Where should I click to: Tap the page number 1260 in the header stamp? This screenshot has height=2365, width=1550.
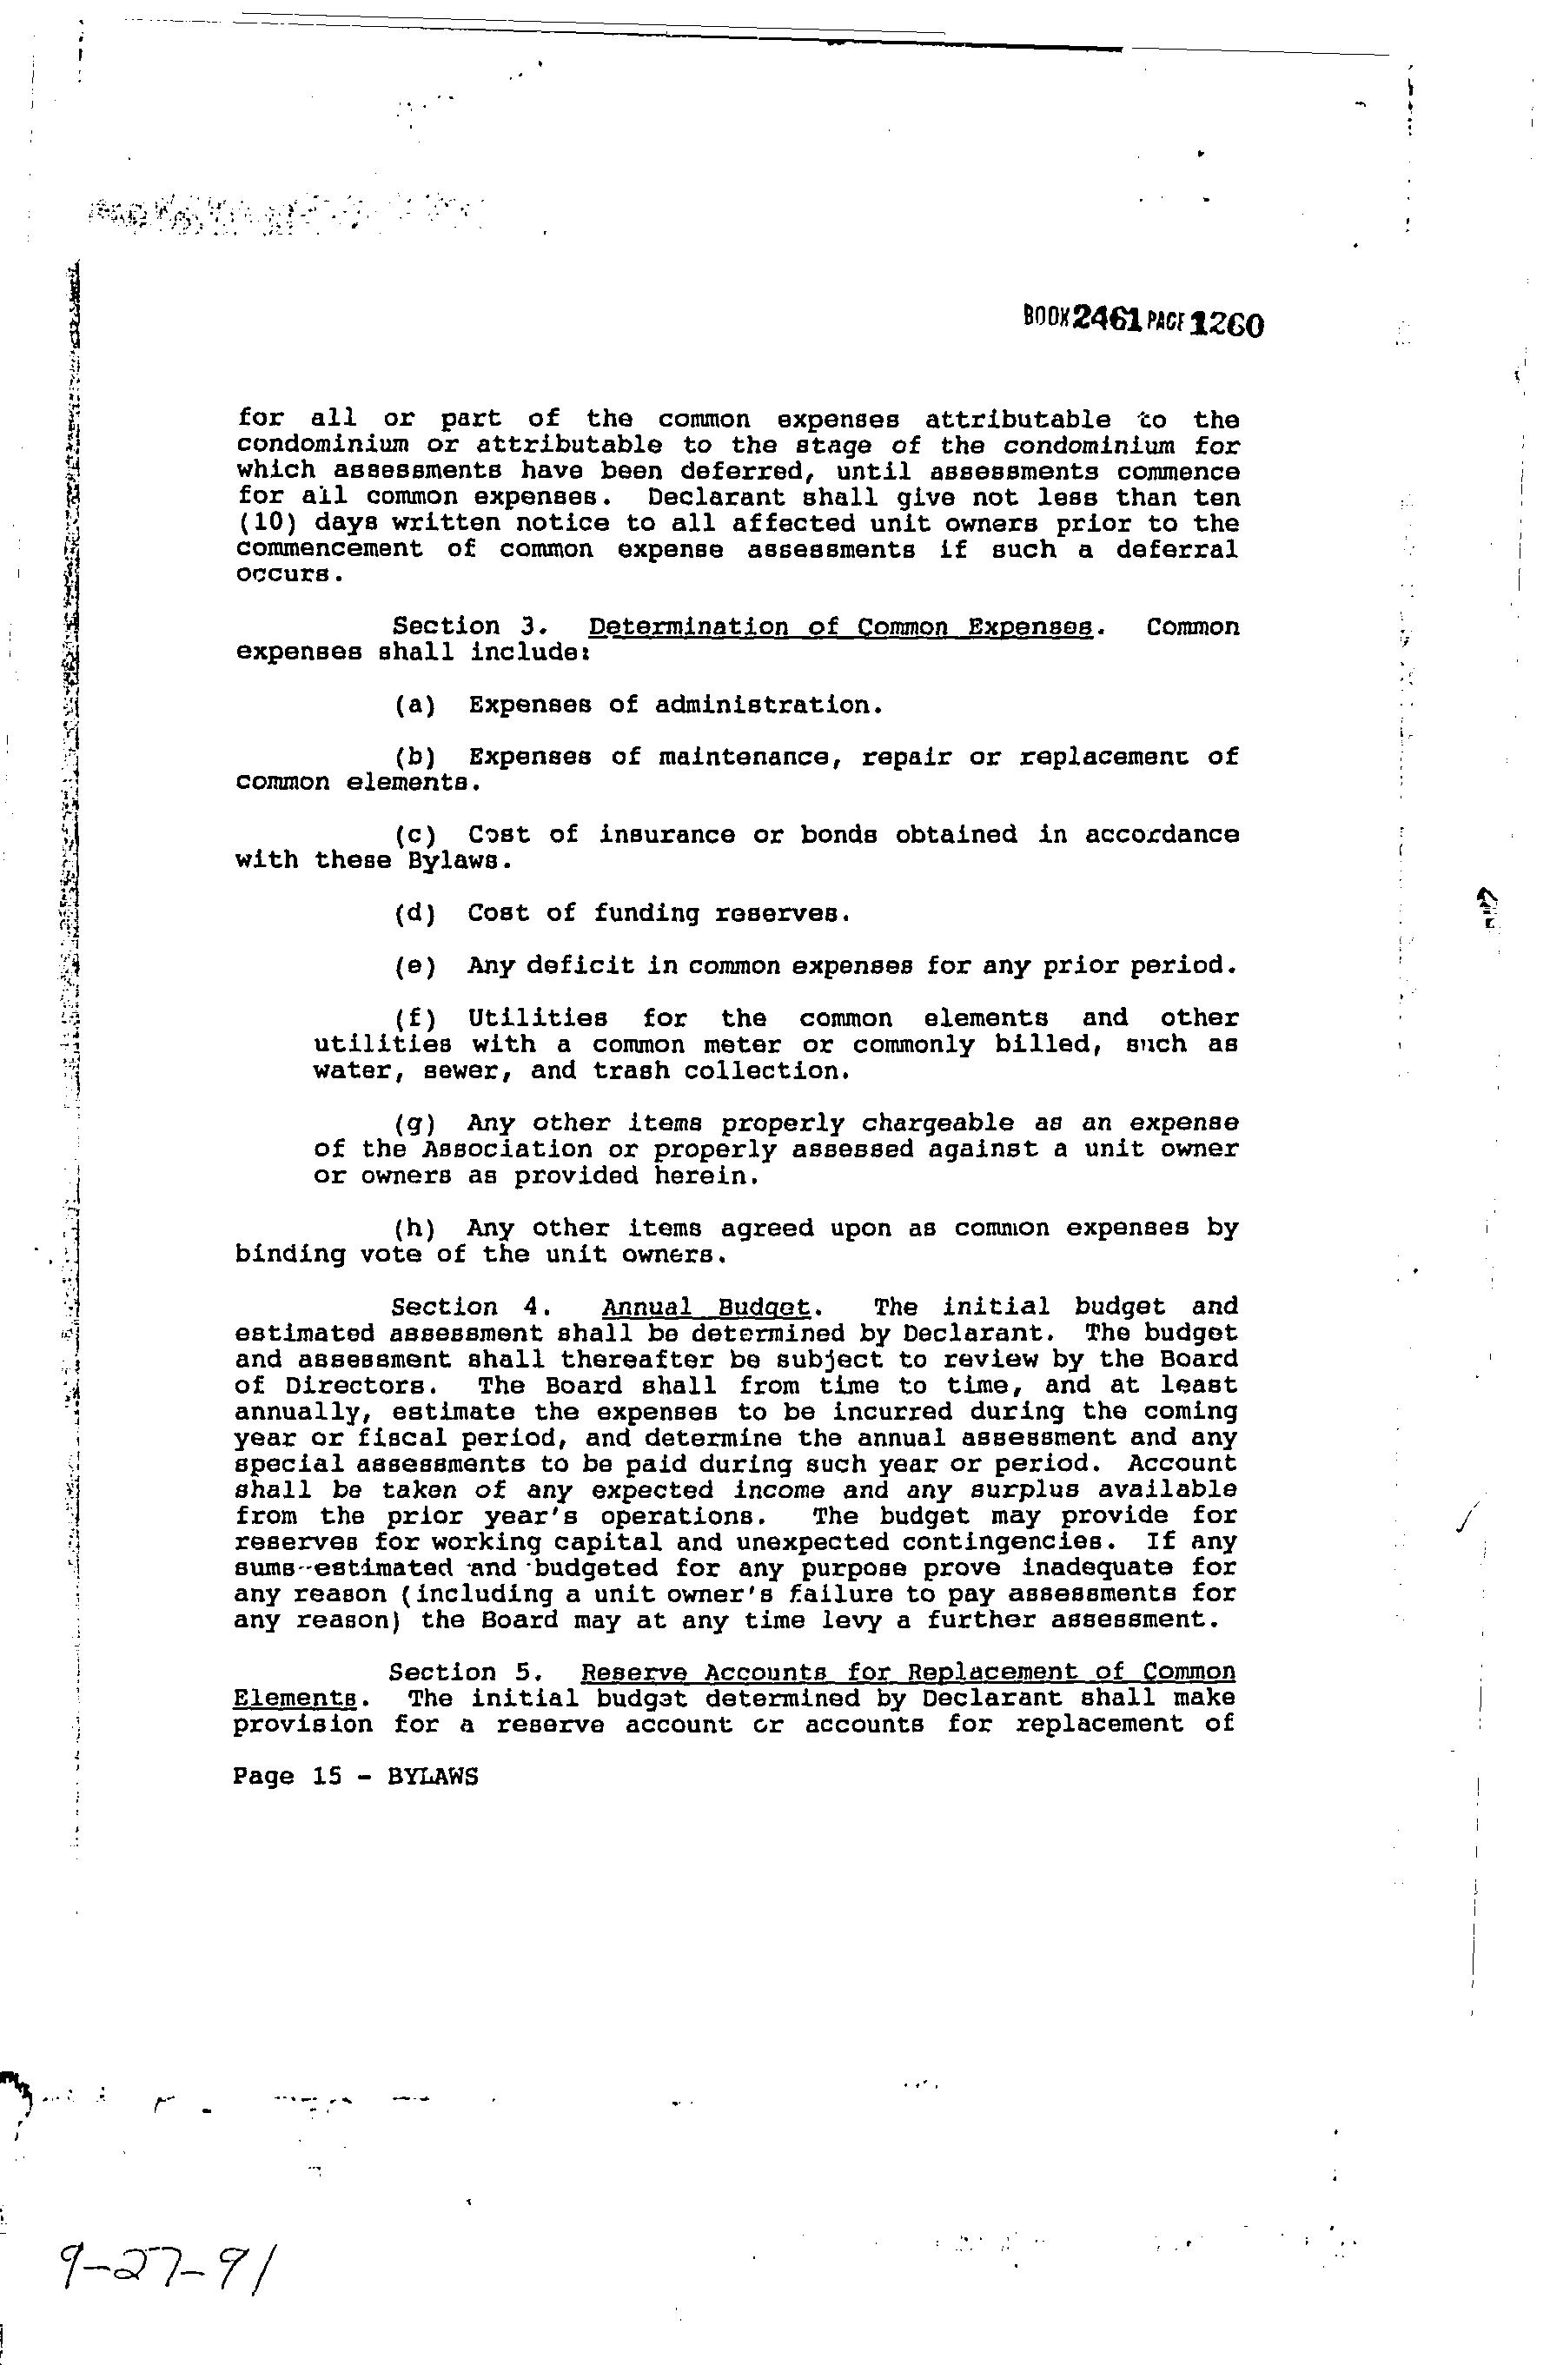tap(1227, 324)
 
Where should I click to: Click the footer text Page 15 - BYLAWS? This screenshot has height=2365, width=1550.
tap(355, 1776)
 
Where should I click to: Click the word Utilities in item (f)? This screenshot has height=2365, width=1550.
tap(537, 1018)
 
